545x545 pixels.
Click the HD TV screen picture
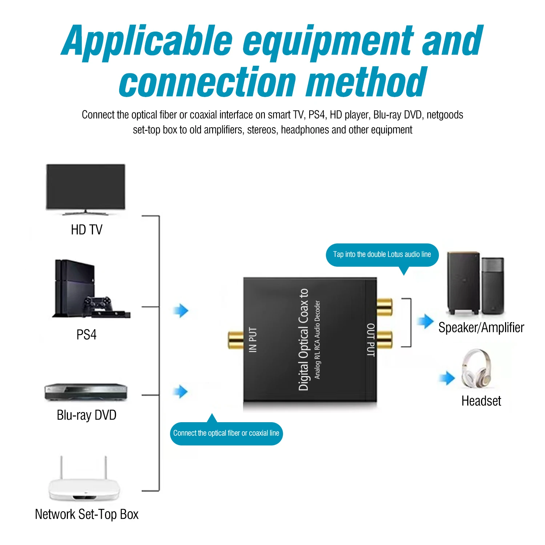(x=86, y=189)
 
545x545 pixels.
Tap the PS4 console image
(x=91, y=289)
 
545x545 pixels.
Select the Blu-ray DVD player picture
(x=86, y=392)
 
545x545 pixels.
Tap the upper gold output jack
(x=384, y=307)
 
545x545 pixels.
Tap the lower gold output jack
(x=384, y=339)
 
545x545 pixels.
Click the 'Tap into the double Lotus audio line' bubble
(x=382, y=255)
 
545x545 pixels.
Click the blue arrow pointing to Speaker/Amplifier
(x=425, y=322)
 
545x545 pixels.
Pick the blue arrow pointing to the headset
(x=447, y=378)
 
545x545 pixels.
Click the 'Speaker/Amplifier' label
(x=481, y=328)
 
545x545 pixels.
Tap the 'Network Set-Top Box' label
(x=86, y=514)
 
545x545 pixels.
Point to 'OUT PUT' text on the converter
(x=370, y=340)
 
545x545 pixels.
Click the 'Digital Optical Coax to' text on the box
(x=303, y=340)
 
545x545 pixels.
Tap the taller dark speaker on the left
(x=463, y=283)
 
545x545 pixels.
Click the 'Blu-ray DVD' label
(x=86, y=415)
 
